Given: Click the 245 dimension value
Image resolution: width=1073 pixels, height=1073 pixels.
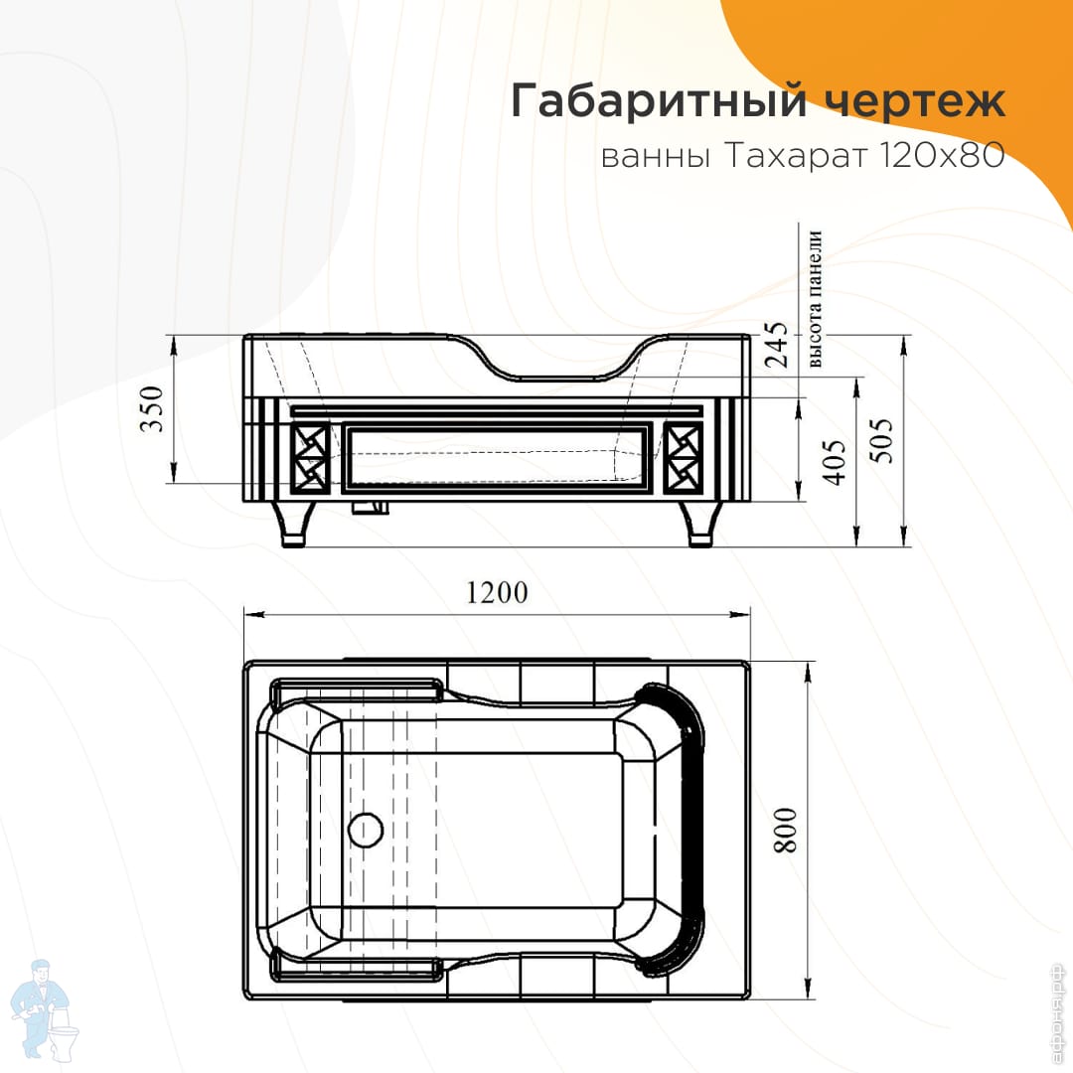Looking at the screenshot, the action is coord(776,345).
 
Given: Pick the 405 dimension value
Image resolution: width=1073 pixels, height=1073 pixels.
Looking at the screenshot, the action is coord(834,463).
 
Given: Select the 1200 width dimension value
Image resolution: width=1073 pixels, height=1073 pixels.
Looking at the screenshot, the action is coord(498,593).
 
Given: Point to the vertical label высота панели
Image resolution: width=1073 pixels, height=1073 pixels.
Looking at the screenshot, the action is coord(815,300).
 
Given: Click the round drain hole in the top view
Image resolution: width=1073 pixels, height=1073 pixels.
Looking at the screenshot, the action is coord(366,830).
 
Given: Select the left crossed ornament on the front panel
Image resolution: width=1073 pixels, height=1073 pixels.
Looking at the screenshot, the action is coord(310,458).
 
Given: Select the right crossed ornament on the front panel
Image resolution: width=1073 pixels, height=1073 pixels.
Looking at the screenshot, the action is coord(683,458).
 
